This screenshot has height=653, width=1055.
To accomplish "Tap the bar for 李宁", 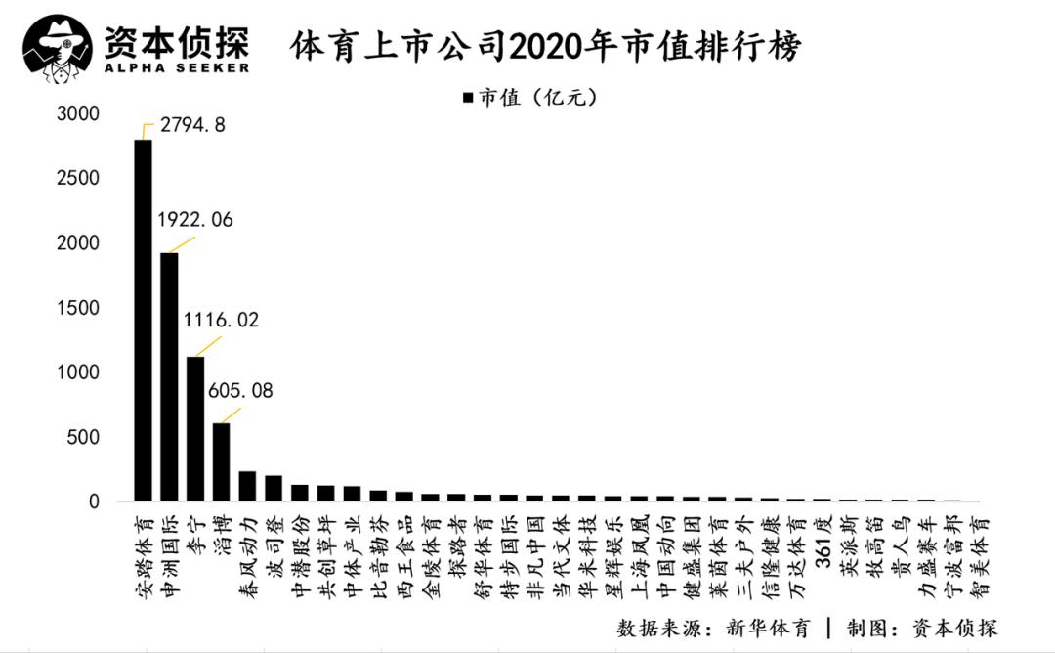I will coord(195,429).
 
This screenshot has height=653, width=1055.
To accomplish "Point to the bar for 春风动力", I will coord(247,486).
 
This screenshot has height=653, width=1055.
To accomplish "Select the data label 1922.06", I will coord(195,220).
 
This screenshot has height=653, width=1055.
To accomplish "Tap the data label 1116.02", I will coord(221,320).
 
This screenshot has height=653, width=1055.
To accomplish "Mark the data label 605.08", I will coord(240,391).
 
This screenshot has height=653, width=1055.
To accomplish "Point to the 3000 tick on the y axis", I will coord(78,114).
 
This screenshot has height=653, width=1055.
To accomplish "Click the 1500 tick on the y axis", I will coord(78,308).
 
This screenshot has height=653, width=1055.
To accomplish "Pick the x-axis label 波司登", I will coord(274,544).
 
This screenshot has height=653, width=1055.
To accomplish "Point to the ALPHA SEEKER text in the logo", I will coord(177,67).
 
